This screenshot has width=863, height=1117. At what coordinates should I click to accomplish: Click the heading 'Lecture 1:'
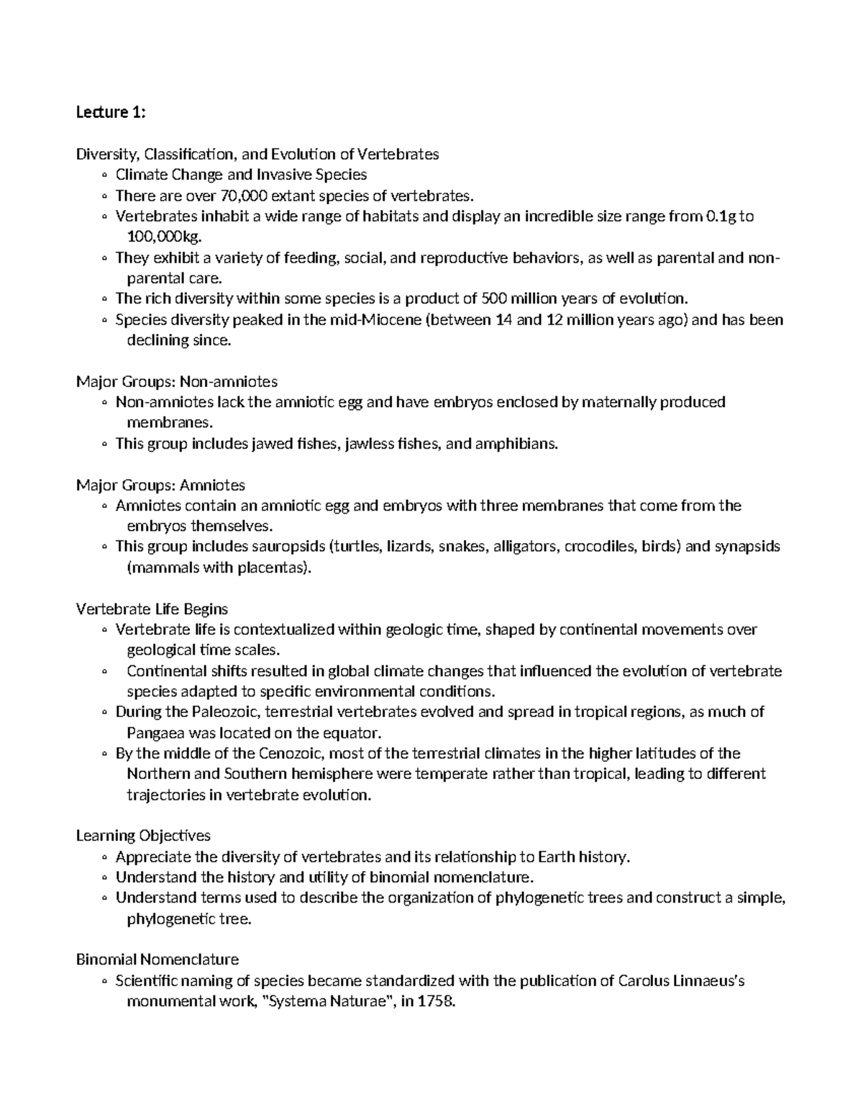111,112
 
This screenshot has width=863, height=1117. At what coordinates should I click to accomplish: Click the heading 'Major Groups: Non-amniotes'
177,381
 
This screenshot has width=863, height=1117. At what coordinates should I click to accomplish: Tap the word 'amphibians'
520,444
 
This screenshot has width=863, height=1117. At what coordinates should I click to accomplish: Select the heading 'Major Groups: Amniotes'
160,485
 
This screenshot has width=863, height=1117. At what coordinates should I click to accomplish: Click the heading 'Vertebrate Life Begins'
152,608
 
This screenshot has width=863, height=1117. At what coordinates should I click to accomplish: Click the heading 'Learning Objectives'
143,836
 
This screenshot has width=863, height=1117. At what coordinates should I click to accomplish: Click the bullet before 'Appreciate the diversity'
105,857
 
